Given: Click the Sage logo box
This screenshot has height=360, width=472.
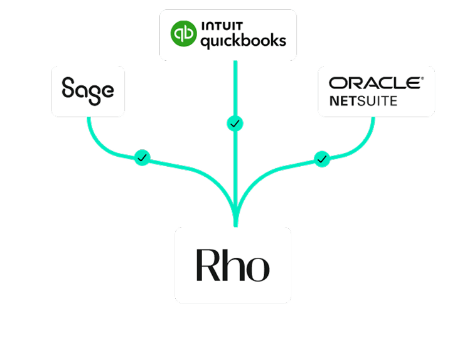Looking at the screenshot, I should pyautogui.click(x=88, y=91).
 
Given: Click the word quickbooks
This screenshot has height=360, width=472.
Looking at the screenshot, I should pyautogui.click(x=242, y=41).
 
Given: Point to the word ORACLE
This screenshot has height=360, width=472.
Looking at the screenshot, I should pyautogui.click(x=375, y=83).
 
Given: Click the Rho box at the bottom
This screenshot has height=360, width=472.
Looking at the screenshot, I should pyautogui.click(x=233, y=265).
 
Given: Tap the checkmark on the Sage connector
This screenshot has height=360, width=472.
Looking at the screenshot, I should pyautogui.click(x=142, y=157).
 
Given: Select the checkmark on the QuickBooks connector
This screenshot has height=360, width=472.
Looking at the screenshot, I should pyautogui.click(x=235, y=124).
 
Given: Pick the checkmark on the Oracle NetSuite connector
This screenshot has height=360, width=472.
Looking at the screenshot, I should pyautogui.click(x=323, y=159).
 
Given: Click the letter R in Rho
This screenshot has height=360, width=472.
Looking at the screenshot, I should pyautogui.click(x=208, y=265).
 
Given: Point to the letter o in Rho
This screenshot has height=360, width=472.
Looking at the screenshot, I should pyautogui.click(x=257, y=268).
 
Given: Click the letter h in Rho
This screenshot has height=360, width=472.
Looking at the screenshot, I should pyautogui.click(x=233, y=265).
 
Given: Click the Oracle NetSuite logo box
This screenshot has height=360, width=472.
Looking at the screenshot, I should pyautogui.click(x=376, y=91).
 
